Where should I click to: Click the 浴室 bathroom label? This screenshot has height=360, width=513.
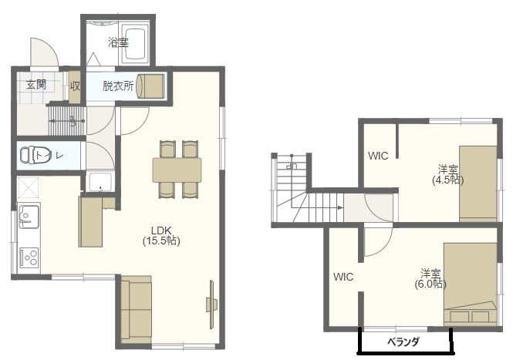pyautogui.click(x=118, y=42)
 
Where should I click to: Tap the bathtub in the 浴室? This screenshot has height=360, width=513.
pyautogui.click(x=136, y=44)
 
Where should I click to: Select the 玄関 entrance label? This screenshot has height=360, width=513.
pyautogui.click(x=36, y=85)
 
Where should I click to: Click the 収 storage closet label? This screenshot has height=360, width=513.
pyautogui.click(x=75, y=86)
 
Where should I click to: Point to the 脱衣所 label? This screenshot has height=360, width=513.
pyautogui.click(x=118, y=86)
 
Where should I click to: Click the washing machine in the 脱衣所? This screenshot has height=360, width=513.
pyautogui.click(x=150, y=86)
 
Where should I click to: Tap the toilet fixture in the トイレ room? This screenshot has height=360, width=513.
pyautogui.click(x=29, y=155)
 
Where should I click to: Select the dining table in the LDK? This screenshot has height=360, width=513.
pyautogui.click(x=177, y=170)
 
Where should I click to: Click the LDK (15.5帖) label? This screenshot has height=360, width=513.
pyautogui.click(x=161, y=235)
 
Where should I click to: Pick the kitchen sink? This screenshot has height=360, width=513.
pyautogui.click(x=29, y=216)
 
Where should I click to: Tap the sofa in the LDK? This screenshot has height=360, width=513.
pyautogui.click(x=136, y=309)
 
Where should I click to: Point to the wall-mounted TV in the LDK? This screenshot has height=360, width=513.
pyautogui.click(x=211, y=304)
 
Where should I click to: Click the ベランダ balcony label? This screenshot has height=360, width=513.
pyautogui.click(x=403, y=342)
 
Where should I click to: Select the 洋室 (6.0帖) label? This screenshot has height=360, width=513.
pyautogui.click(x=430, y=278)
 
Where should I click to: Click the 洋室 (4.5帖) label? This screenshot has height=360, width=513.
pyautogui.click(x=448, y=175)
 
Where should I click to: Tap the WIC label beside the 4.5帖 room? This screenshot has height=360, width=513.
pyautogui.click(x=378, y=156)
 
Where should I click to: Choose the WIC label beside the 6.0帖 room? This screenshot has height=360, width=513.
pyautogui.click(x=343, y=277)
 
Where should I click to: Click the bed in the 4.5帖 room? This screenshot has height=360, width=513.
pyautogui.click(x=478, y=183)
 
